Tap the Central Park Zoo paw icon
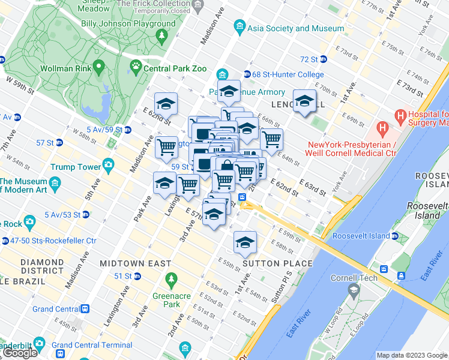tap(136, 68)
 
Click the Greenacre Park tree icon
tap(172, 280)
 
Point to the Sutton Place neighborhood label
tap(277, 263)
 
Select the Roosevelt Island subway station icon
tap(395, 236)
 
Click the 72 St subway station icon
tap(323, 59)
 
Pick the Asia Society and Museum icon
tap(241, 28)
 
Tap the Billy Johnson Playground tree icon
tap(161, 36)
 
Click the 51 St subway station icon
tap(137, 276)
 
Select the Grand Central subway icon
tap(85, 309)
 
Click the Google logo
tap(20, 353)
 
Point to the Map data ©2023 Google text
tap(411, 355)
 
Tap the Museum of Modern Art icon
tap(56, 182)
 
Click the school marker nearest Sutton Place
tap(244, 242)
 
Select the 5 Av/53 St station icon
tap(88, 214)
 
